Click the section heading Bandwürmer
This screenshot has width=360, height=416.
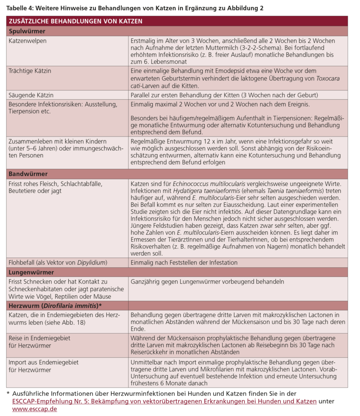27,174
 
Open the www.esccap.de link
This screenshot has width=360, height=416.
34,409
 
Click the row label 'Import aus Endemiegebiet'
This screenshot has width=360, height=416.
44,362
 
